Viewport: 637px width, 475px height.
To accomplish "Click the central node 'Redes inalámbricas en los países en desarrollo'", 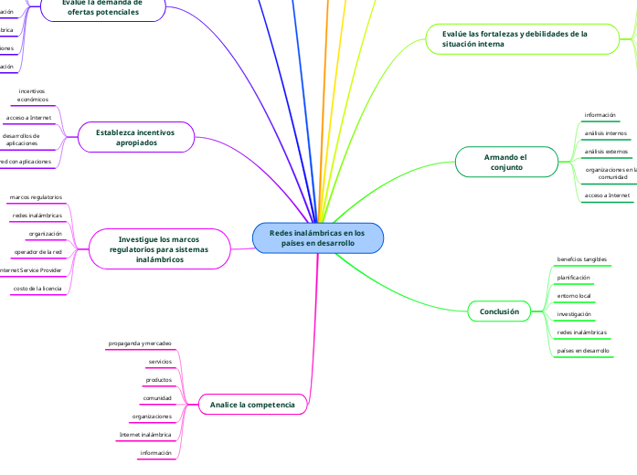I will click(317, 238).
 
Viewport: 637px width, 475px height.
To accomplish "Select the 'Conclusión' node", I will click(499, 311).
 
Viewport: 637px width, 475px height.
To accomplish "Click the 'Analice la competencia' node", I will click(252, 404).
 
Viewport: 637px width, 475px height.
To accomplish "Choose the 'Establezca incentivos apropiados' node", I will click(135, 137).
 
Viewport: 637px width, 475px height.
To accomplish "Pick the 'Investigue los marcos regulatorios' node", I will click(159, 248).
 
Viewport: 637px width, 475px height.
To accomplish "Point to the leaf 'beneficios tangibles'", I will click(582, 259).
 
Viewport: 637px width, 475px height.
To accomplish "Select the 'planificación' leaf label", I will click(574, 277).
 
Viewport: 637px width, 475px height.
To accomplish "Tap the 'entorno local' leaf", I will click(574, 296).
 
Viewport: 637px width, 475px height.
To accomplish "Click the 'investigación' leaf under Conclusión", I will click(574, 313).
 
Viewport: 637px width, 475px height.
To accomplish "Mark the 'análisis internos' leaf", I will click(605, 132).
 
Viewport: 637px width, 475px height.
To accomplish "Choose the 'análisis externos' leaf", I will click(605, 151).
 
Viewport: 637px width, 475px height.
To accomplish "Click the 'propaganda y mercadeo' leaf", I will click(140, 343).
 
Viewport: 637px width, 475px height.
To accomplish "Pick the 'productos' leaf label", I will click(159, 379).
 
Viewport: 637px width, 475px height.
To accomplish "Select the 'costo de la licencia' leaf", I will click(37, 288).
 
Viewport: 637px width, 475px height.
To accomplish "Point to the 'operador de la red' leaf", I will click(37, 251).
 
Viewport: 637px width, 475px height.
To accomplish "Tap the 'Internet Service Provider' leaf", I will click(30, 269).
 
